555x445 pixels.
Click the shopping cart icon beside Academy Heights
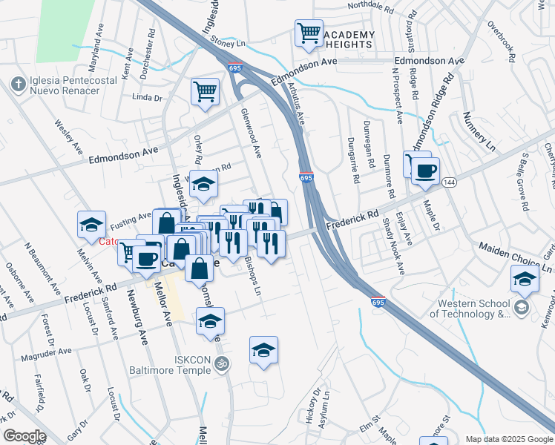point(309,33)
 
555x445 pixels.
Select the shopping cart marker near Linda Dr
point(206,93)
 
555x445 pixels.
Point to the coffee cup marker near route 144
point(425,171)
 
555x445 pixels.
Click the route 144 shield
point(448,182)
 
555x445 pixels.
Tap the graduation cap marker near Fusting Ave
point(91,225)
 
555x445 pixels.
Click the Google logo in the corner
point(24,435)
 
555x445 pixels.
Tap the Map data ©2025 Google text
point(509,439)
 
